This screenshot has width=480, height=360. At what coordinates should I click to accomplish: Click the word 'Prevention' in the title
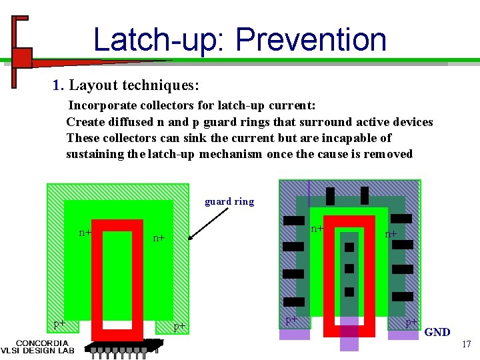[311, 39]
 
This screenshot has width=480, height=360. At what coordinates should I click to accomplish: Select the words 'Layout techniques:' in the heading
[134, 85]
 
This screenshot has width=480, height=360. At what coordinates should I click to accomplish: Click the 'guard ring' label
[229, 201]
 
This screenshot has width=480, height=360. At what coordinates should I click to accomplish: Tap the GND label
[437, 332]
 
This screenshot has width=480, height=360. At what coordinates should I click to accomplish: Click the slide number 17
[466, 344]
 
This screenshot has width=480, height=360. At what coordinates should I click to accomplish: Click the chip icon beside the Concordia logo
[123, 348]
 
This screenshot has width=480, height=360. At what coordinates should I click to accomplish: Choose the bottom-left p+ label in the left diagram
[60, 323]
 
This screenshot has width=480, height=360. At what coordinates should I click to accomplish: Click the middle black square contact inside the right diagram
[349, 269]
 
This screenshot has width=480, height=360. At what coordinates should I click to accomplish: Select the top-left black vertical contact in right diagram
[330, 196]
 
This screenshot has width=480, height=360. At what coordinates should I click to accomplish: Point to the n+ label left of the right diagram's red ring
[317, 228]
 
